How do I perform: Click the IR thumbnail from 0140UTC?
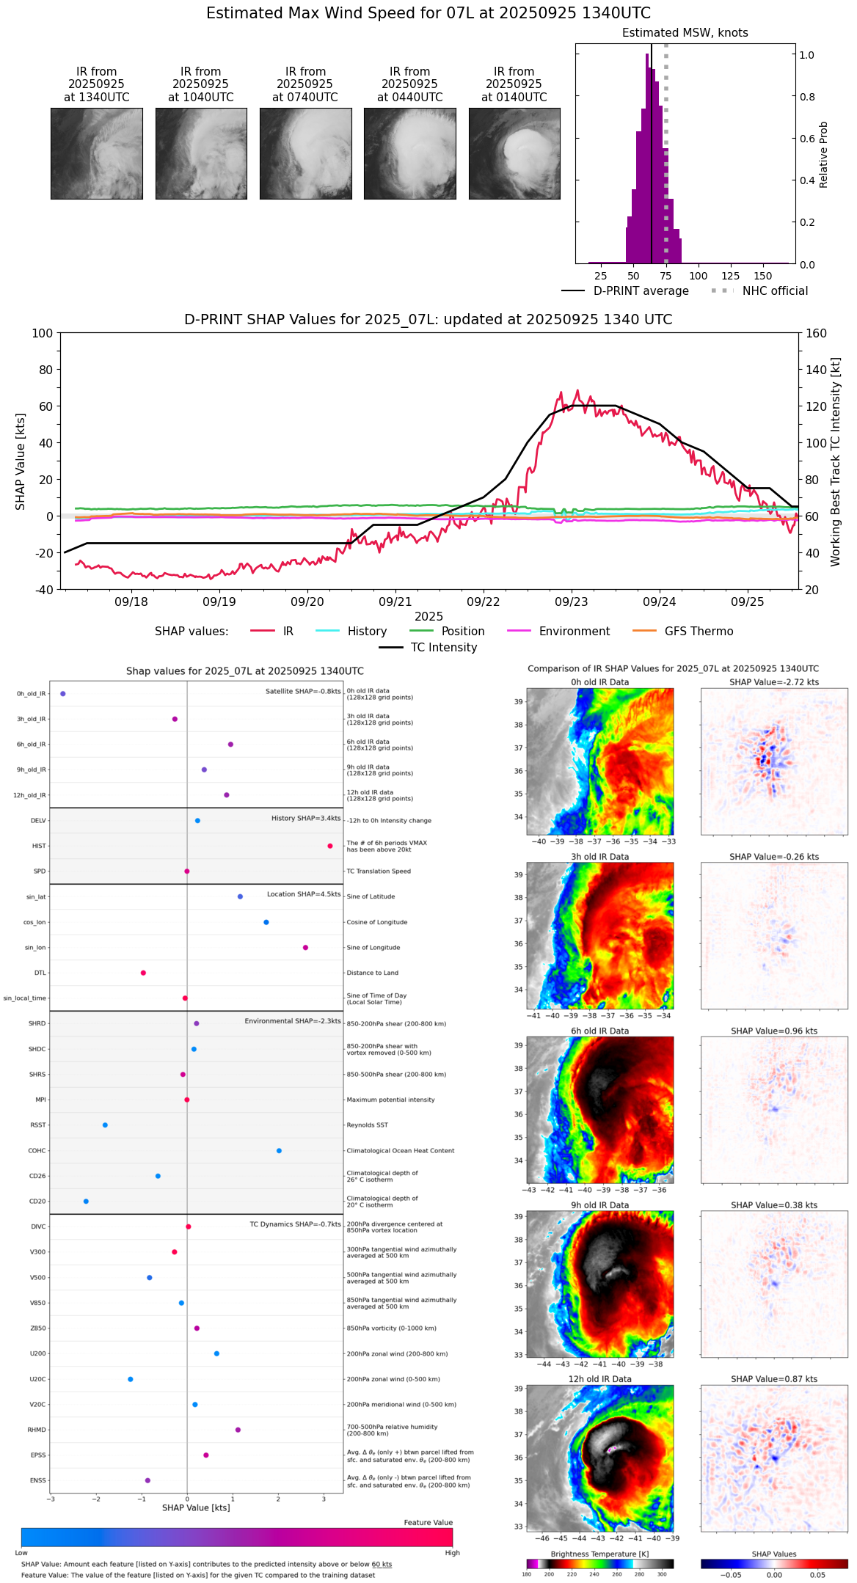pyautogui.click(x=514, y=153)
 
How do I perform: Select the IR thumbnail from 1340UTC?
pyautogui.click(x=97, y=153)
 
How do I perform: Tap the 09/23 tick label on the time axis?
pyautogui.click(x=571, y=602)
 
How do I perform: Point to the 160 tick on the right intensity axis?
pyautogui.click(x=817, y=333)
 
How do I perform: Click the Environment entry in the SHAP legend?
pyautogui.click(x=574, y=631)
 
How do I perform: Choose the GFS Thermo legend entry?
pyautogui.click(x=699, y=631)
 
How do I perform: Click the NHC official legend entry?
pyautogui.click(x=775, y=290)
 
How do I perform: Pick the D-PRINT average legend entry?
pyautogui.click(x=641, y=290)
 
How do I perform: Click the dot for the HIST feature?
pyautogui.click(x=330, y=846)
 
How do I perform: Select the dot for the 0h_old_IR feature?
pyautogui.click(x=63, y=693)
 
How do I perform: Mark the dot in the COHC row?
pyautogui.click(x=279, y=1150)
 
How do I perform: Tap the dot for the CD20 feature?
pyautogui.click(x=86, y=1201)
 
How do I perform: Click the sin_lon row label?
pyautogui.click(x=35, y=948)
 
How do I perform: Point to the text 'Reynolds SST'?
pyautogui.click(x=367, y=1125)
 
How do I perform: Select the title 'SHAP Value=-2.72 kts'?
pyautogui.click(x=774, y=682)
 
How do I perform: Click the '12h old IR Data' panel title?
pyautogui.click(x=599, y=1379)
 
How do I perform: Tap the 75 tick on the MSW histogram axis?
pyautogui.click(x=665, y=276)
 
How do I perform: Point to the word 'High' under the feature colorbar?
pyautogui.click(x=452, y=1552)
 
